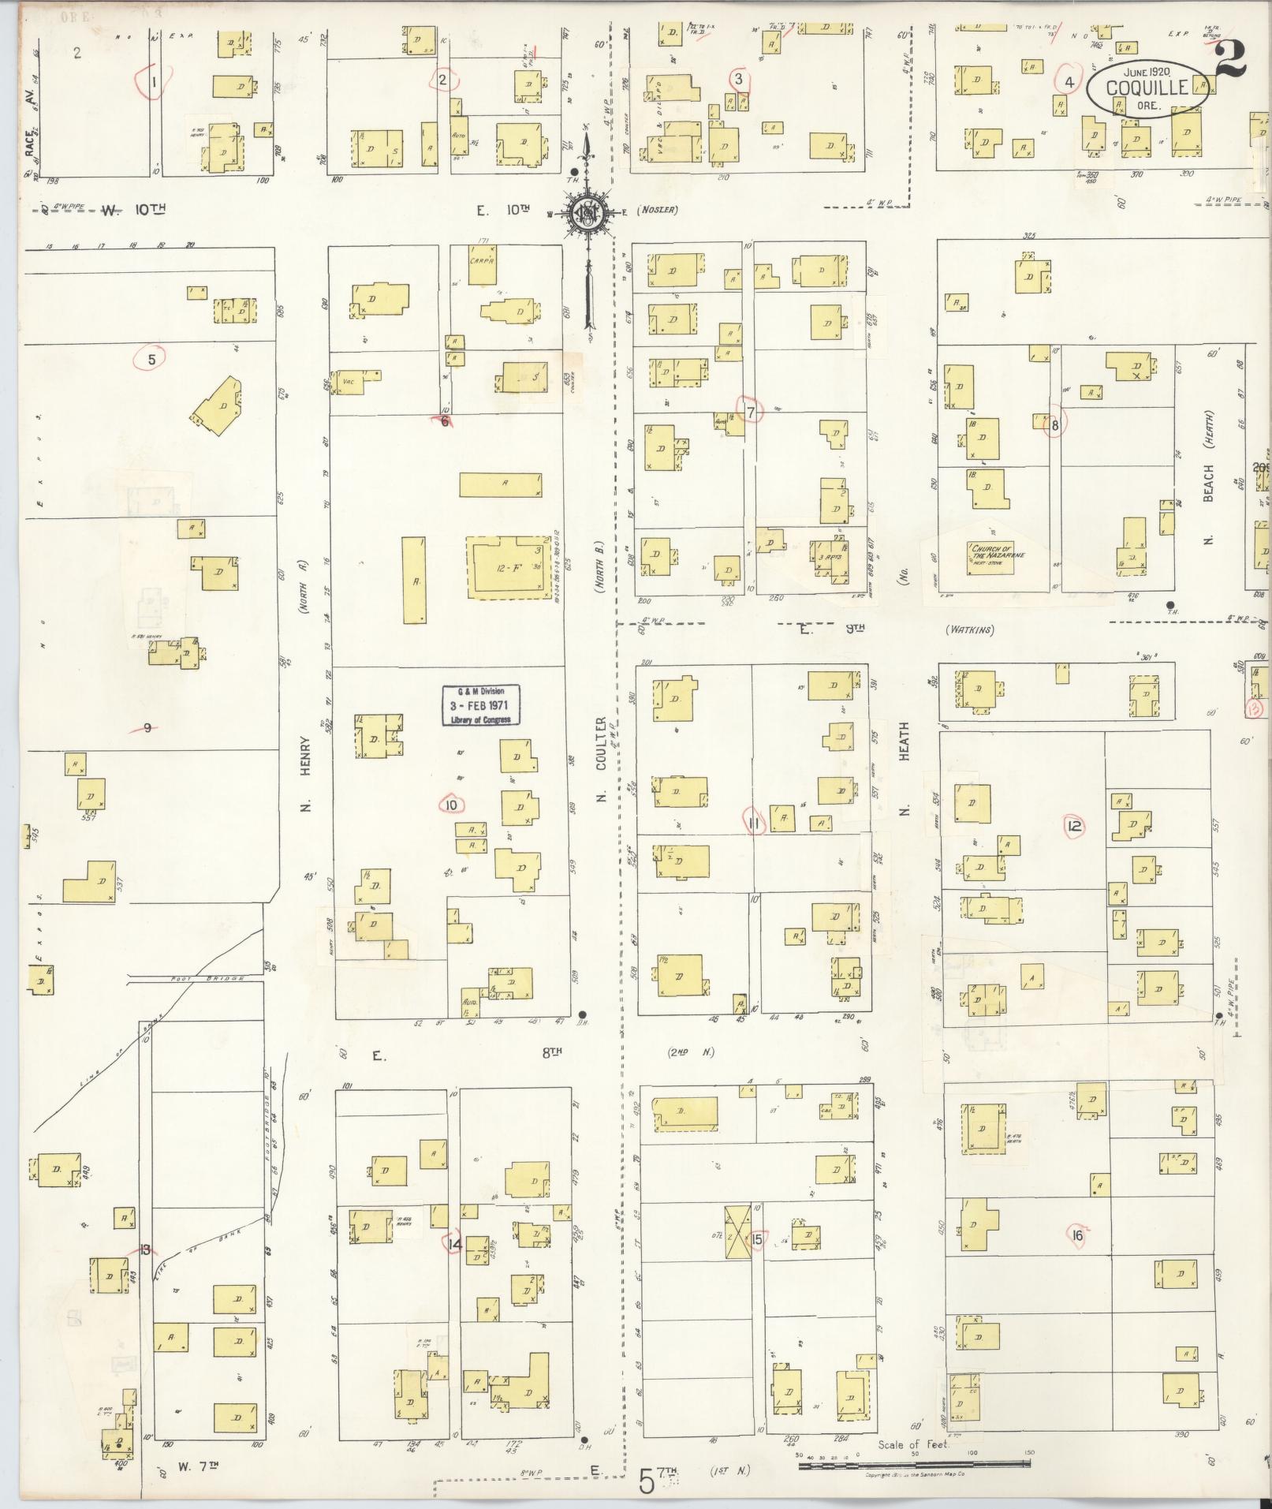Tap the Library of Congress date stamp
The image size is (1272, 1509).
(x=481, y=704)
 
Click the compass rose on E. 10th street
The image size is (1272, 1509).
(x=587, y=211)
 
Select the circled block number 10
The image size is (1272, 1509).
(x=451, y=805)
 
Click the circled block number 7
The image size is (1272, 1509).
(x=751, y=411)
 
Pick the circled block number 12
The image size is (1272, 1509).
(x=1073, y=826)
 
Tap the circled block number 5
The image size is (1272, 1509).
(x=152, y=359)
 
